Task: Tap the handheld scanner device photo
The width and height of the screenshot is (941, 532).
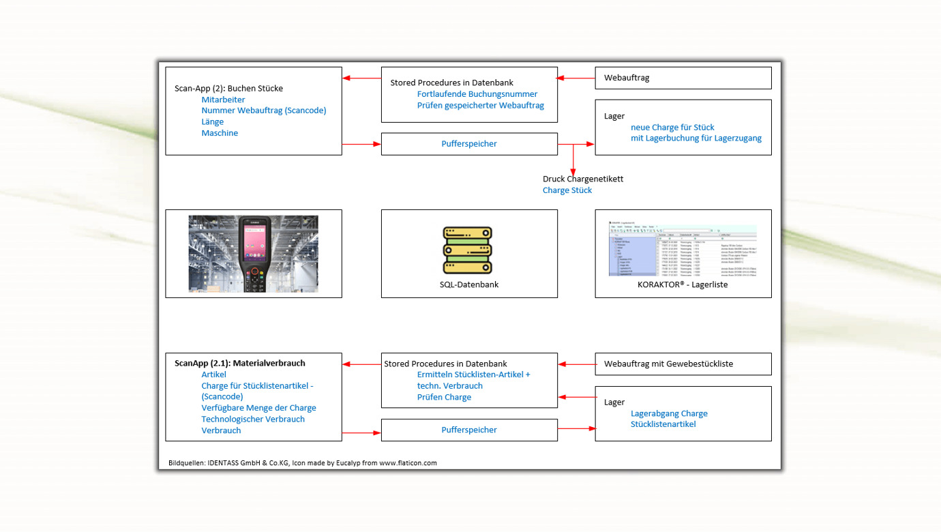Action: (254, 254)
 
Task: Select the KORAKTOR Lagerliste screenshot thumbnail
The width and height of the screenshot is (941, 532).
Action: (683, 250)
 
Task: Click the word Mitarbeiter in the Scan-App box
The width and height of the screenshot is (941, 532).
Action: (223, 100)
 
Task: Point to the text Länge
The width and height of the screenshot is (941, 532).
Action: (212, 121)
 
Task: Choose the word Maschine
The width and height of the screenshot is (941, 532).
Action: (220, 133)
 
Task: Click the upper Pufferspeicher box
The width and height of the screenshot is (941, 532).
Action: (469, 144)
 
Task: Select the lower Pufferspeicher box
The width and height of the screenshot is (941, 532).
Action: (469, 430)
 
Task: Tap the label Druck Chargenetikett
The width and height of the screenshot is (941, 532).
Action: (583, 179)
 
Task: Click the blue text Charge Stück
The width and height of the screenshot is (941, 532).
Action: (567, 190)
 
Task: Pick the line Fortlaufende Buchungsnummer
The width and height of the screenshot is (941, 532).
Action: (477, 94)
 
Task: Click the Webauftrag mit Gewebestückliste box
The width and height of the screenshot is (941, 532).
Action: (683, 364)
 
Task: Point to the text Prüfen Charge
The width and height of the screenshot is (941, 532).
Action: (444, 397)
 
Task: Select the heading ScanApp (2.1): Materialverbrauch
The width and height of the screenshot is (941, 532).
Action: (240, 363)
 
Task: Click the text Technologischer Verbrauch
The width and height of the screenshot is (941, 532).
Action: (253, 419)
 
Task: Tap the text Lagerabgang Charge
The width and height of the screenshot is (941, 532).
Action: (669, 413)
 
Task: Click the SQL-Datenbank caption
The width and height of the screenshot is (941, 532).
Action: (469, 284)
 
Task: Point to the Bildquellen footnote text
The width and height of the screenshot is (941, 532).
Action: (303, 462)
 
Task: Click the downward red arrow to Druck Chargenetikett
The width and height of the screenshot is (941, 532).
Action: (573, 160)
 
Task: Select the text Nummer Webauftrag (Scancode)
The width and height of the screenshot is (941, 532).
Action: (264, 110)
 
